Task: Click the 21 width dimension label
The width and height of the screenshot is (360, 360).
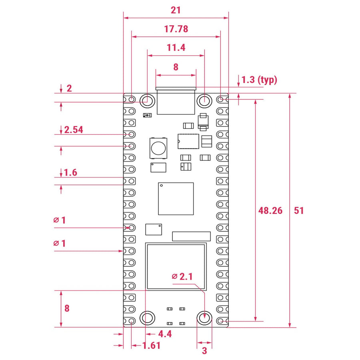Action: tap(176, 10)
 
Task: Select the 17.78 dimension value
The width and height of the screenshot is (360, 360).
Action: tap(176, 29)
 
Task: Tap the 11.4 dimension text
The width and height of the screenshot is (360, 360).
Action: tap(176, 48)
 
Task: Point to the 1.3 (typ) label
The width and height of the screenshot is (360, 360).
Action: tap(259, 80)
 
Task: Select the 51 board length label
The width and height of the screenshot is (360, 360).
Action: tap(299, 210)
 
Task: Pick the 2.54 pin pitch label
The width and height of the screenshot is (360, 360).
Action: tap(74, 130)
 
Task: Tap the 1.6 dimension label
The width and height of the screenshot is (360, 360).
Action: tap(70, 173)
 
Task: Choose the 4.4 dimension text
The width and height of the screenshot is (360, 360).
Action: tap(165, 334)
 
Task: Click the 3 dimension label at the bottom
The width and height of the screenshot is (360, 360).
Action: tap(204, 351)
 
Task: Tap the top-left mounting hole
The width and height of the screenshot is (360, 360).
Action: tap(148, 100)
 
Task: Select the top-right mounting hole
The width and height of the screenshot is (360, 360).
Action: tap(205, 100)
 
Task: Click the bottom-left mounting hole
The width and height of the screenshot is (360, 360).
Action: tap(148, 318)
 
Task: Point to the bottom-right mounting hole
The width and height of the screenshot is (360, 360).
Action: tap(205, 318)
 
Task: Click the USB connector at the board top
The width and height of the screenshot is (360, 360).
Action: tap(176, 101)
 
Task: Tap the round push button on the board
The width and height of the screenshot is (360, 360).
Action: tap(158, 147)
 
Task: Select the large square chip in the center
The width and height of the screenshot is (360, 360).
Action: tap(176, 199)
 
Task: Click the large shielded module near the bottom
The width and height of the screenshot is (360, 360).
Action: tap(176, 266)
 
